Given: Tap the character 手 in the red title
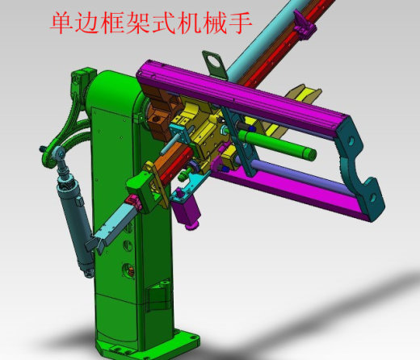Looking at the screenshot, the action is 240,23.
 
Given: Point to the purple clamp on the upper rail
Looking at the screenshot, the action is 304,25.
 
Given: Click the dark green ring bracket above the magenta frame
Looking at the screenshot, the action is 215,64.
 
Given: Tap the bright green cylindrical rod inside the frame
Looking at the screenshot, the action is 277,143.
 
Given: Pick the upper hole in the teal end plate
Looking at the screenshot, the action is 351,141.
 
